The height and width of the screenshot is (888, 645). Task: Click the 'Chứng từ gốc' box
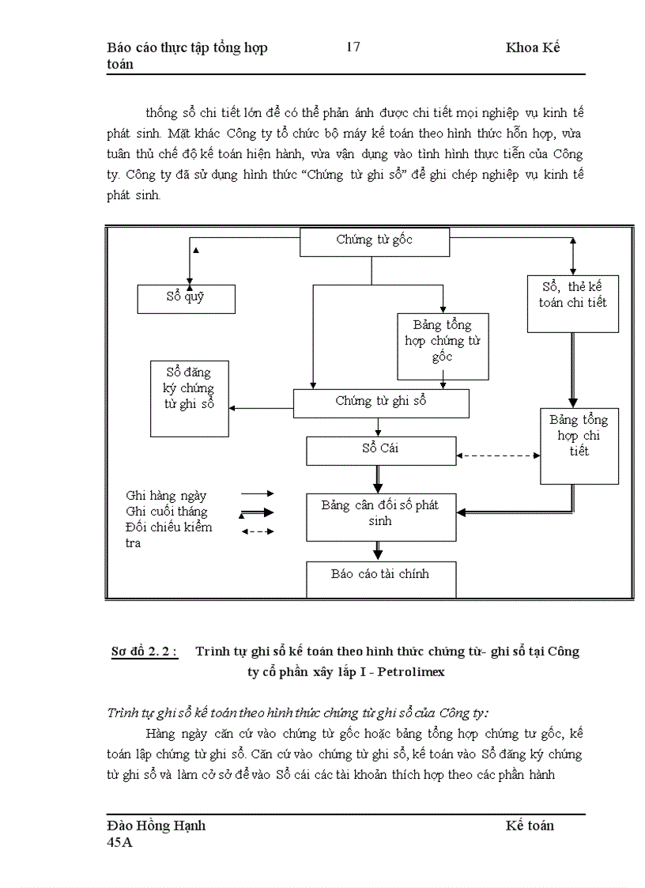pos(374,241)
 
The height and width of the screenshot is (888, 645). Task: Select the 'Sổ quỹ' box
pos(187,298)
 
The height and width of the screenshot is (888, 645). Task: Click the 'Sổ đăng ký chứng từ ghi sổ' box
pos(189,398)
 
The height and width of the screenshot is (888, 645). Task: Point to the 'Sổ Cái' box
pos(380,450)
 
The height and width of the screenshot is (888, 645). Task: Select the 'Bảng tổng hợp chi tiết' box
pos(579,445)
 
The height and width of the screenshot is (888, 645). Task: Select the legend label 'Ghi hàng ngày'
pos(166,496)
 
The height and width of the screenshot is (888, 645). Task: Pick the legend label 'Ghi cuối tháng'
pos(167,512)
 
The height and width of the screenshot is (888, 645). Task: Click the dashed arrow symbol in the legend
pos(257,532)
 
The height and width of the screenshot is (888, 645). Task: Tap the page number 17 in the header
pos(353,47)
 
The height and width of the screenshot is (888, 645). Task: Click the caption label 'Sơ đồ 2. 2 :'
pos(144,652)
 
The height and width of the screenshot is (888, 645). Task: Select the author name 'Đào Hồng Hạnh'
pos(157,826)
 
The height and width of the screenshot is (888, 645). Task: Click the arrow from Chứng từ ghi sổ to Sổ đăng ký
pos(261,408)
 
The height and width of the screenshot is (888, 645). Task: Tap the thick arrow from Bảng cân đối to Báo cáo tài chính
pos(379,551)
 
